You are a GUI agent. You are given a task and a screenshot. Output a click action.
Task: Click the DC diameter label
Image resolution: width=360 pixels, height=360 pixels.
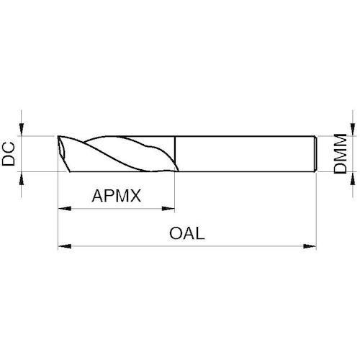pyautogui.click(x=9, y=154)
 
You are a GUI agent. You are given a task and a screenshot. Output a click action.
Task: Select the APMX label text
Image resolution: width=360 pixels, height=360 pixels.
pyautogui.click(x=117, y=196)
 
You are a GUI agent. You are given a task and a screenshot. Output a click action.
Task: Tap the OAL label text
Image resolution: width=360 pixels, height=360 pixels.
pyautogui.click(x=187, y=233)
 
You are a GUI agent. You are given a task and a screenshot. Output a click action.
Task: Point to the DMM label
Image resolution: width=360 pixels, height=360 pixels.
pyautogui.click(x=341, y=154)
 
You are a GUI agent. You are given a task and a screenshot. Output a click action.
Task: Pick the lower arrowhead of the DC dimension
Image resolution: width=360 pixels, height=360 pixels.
pyautogui.click(x=22, y=179)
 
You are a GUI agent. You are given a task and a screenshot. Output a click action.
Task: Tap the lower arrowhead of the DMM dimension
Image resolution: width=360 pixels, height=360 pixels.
pyautogui.click(x=353, y=179)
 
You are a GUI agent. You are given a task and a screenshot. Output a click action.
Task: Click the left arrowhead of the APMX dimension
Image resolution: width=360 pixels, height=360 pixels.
pyautogui.click(x=65, y=209)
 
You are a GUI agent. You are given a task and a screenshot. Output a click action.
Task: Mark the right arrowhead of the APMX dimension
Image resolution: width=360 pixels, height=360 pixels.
pyautogui.click(x=168, y=209)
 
